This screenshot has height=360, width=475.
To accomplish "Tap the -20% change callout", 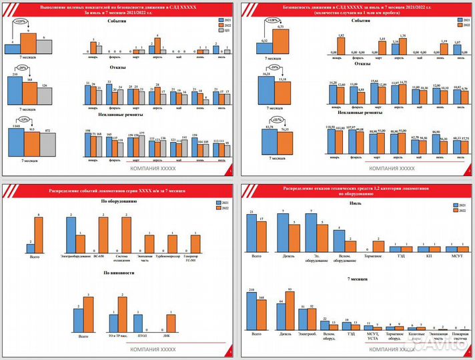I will click(x=23, y=69).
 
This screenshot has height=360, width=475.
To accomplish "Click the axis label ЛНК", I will click(x=170, y=337).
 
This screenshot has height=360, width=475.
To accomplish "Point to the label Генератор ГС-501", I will click(x=196, y=258).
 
